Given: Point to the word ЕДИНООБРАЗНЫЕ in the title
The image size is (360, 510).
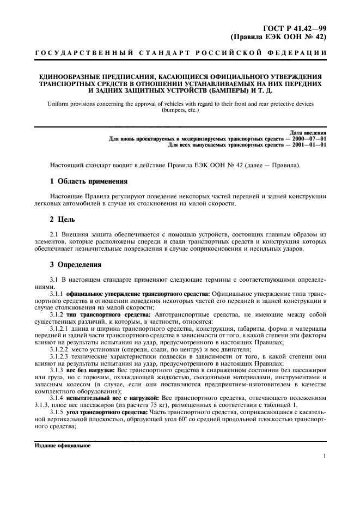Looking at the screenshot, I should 64,76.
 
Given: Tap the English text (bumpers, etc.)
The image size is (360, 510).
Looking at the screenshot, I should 180,110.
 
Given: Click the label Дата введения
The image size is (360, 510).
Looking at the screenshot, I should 308,133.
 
